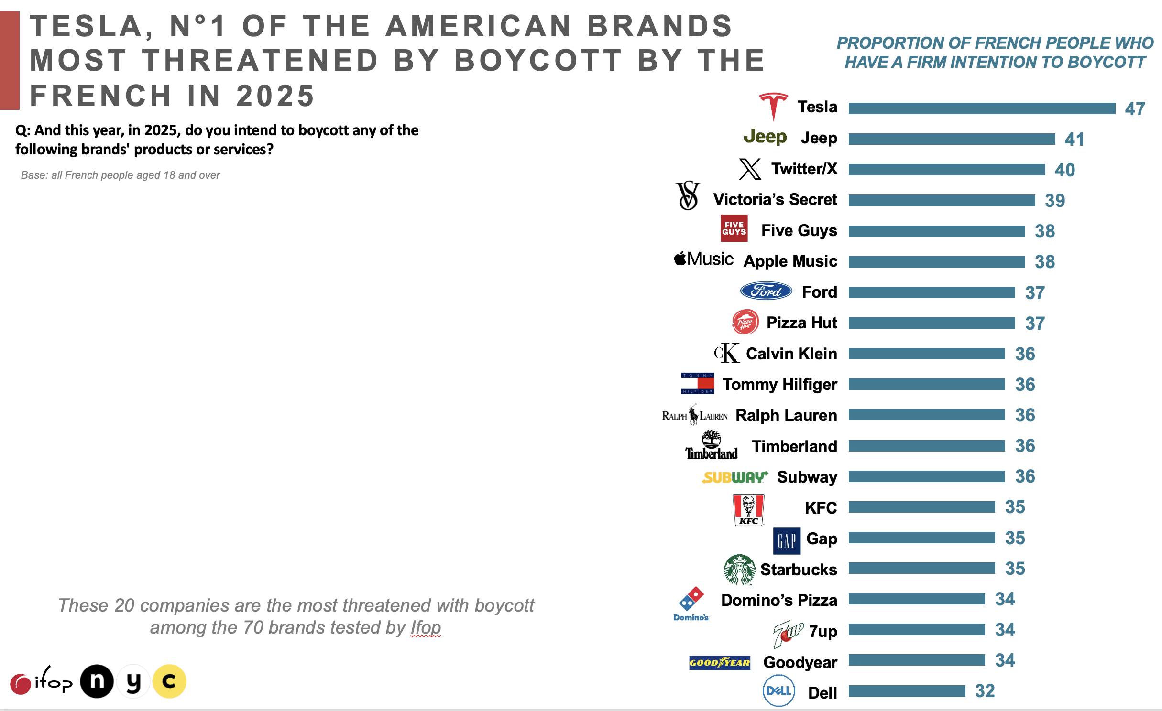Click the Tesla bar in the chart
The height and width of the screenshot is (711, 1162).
click(981, 108)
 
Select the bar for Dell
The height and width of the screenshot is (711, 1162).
click(907, 691)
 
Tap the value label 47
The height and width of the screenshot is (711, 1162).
click(1135, 109)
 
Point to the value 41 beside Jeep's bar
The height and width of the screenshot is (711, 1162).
click(1074, 140)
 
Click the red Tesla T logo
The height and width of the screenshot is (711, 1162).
click(773, 106)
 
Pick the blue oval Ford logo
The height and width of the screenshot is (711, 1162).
click(766, 291)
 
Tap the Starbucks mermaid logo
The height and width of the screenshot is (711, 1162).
click(739, 570)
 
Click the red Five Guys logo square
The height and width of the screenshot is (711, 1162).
click(734, 228)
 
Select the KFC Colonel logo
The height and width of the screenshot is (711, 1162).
click(748, 509)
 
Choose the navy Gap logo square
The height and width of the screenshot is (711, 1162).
click(787, 540)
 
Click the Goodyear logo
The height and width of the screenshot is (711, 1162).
click(719, 663)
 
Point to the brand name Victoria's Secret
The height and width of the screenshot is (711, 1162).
click(775, 200)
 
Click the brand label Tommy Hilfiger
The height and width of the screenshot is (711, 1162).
click(779, 385)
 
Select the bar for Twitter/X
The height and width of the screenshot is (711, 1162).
click(947, 170)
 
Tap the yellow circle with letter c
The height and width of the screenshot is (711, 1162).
click(169, 681)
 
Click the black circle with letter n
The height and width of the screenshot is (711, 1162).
click(97, 681)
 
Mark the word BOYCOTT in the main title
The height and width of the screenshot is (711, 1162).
click(537, 61)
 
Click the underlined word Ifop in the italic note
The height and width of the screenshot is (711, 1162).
click(426, 627)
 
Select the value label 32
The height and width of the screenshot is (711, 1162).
click(985, 691)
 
